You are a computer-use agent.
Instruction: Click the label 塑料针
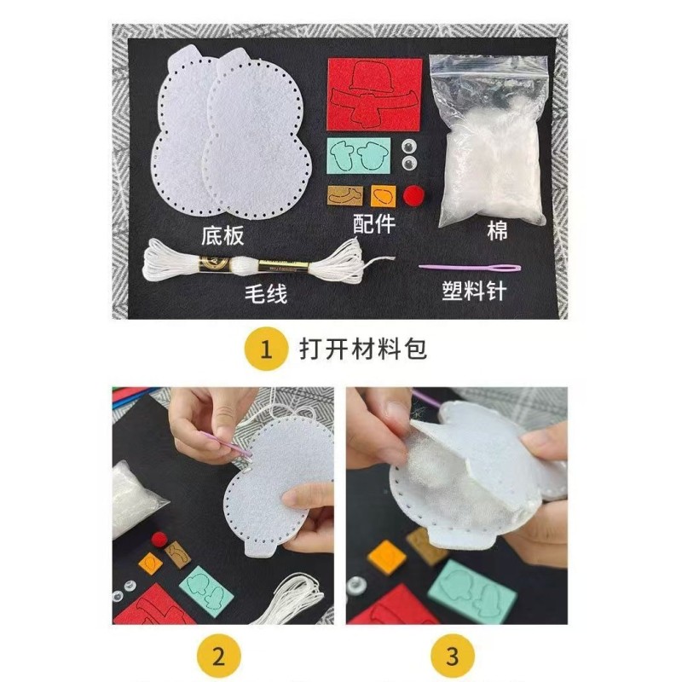tap(474, 292)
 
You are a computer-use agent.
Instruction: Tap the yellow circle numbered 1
tap(265, 350)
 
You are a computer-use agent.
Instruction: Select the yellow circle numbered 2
tap(219, 656)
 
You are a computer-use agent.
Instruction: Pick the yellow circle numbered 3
tap(453, 656)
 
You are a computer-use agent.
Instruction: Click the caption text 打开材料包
tap(361, 350)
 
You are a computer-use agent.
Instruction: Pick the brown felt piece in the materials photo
tap(345, 195)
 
